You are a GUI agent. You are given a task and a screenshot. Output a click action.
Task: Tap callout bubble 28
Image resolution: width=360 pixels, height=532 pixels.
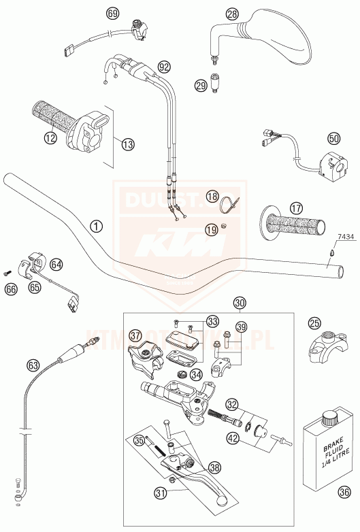(x=232, y=13)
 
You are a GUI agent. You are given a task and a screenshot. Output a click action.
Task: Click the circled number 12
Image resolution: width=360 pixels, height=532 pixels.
(x=50, y=138)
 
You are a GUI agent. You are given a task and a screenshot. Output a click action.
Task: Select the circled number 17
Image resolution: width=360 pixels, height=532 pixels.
(x=296, y=207)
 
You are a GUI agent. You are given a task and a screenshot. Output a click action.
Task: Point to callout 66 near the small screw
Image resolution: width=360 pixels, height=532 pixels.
(x=11, y=288)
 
